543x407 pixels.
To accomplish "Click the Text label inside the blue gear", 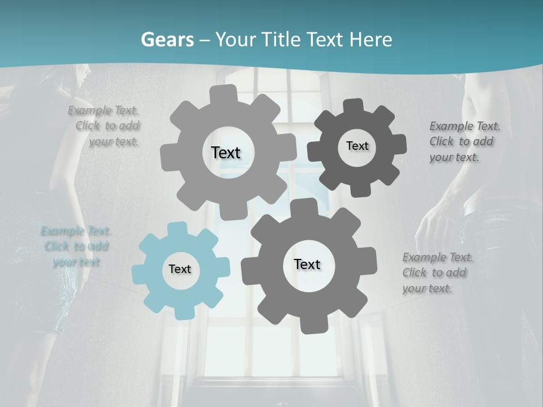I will click(x=180, y=270).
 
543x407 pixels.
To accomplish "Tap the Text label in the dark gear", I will click(x=357, y=146).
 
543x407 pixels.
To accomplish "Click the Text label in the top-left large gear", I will click(x=226, y=153).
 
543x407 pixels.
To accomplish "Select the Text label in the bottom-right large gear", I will click(x=307, y=264).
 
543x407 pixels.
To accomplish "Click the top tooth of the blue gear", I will click(x=177, y=228).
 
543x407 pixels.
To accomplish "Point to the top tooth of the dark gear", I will click(x=353, y=106).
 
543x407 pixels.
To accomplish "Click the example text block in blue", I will click(x=76, y=246).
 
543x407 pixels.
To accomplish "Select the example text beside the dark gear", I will click(x=464, y=141).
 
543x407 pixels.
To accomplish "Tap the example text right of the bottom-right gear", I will click(x=437, y=272).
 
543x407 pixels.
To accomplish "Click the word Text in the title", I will click(x=326, y=40).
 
